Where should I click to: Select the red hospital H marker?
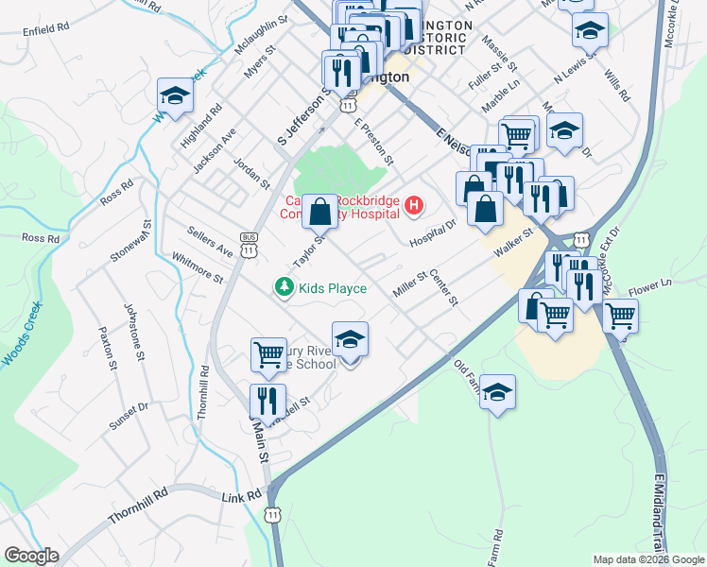click(x=413, y=204)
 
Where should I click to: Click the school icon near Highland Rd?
click(x=174, y=94)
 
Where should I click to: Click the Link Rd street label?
click(x=241, y=496)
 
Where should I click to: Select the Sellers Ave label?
click(x=209, y=243)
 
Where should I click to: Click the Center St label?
click(x=443, y=288)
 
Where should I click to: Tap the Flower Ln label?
click(x=649, y=283)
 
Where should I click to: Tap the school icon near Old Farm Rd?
click(x=497, y=391)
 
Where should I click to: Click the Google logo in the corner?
click(x=31, y=556)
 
